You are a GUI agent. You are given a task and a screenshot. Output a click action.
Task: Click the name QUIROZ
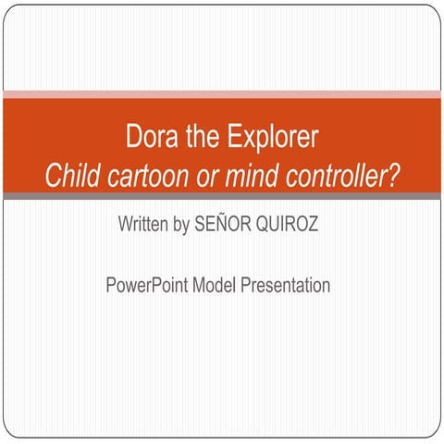tap(287, 225)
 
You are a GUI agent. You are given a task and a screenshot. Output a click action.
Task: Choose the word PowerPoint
tap(146, 285)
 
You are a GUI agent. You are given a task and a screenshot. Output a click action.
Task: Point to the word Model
tap(216, 285)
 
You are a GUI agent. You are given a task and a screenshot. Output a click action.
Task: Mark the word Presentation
tap(285, 285)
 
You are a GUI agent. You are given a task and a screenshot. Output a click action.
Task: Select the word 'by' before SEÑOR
tap(181, 226)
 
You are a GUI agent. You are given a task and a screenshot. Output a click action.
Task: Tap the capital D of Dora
tap(133, 139)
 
